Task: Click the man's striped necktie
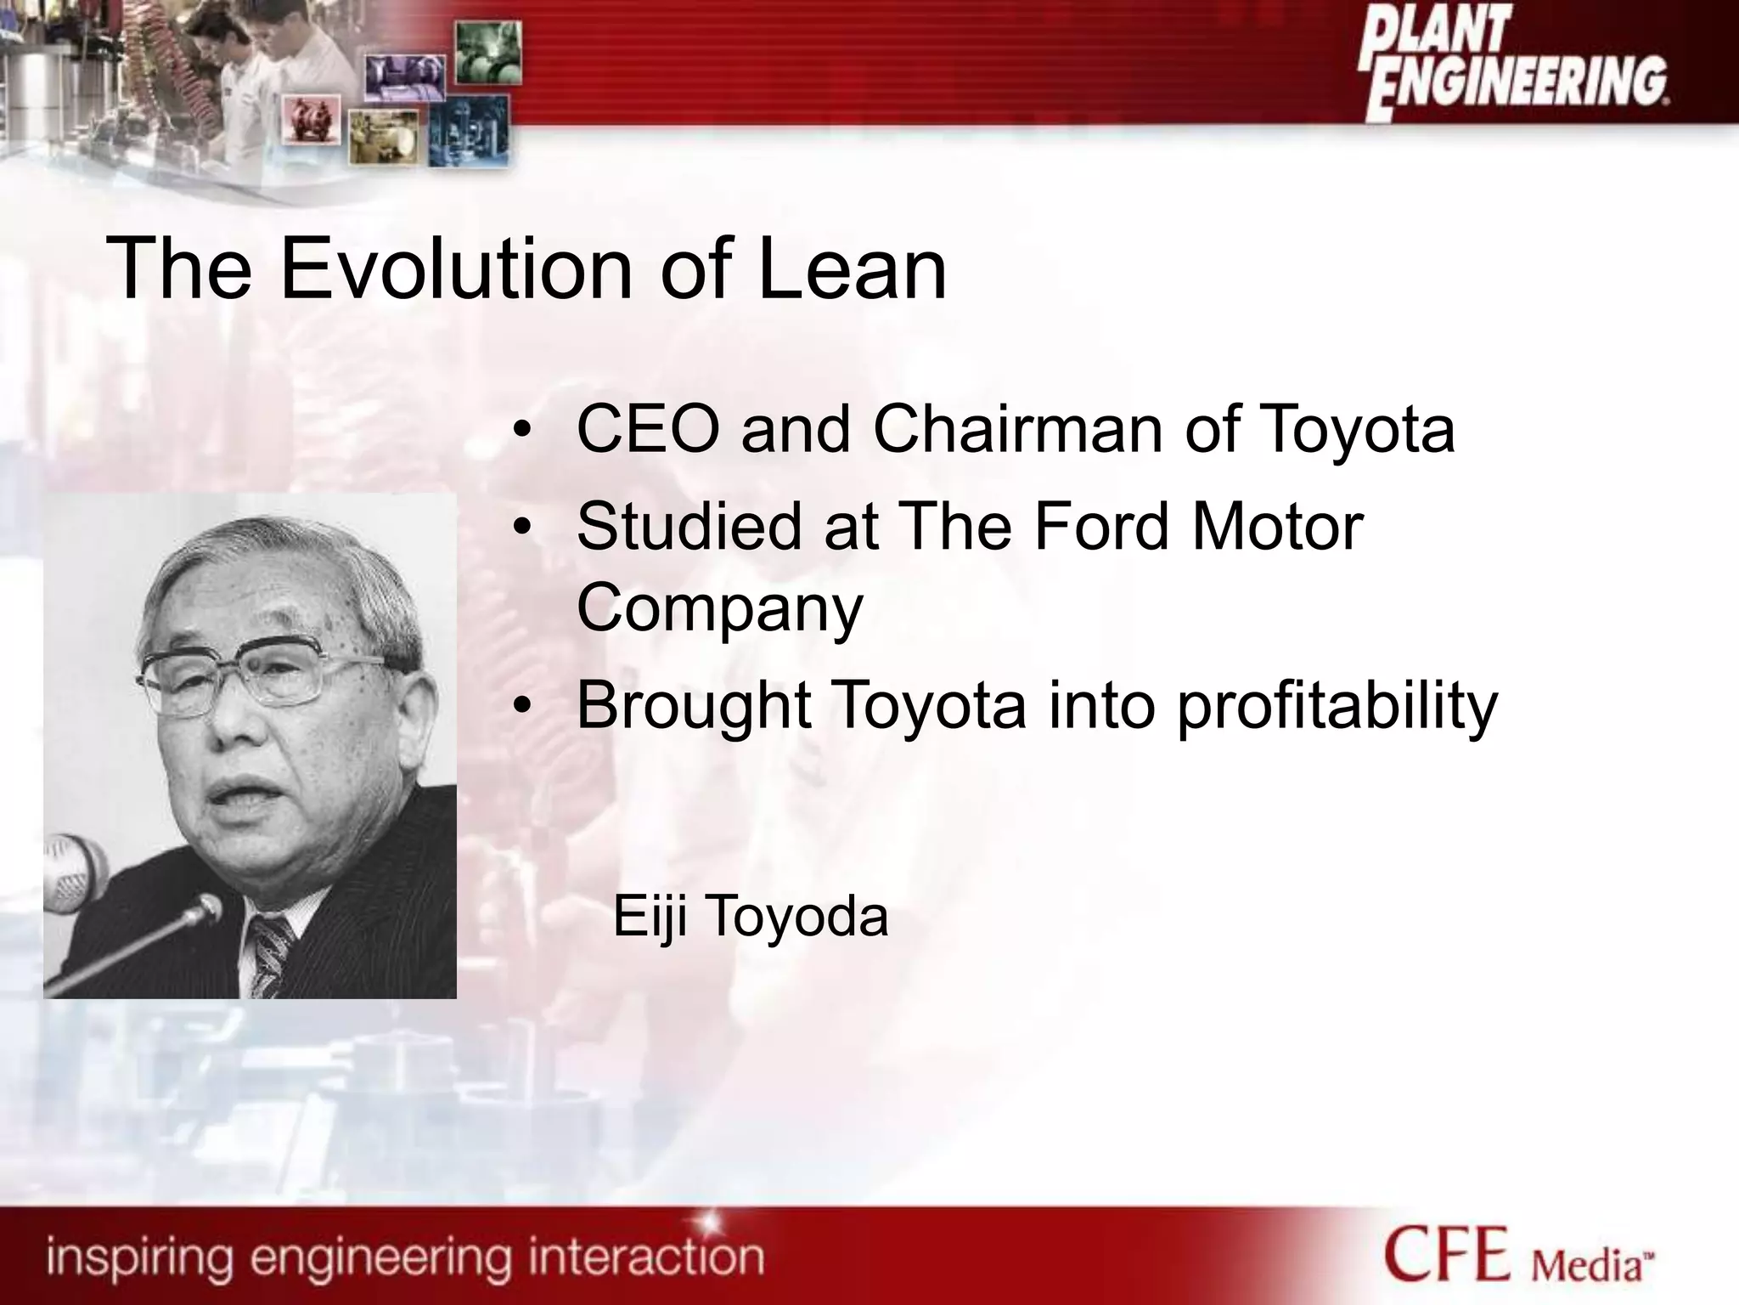click(x=270, y=956)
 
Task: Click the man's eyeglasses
click(x=267, y=675)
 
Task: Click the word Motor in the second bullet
click(x=1278, y=527)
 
